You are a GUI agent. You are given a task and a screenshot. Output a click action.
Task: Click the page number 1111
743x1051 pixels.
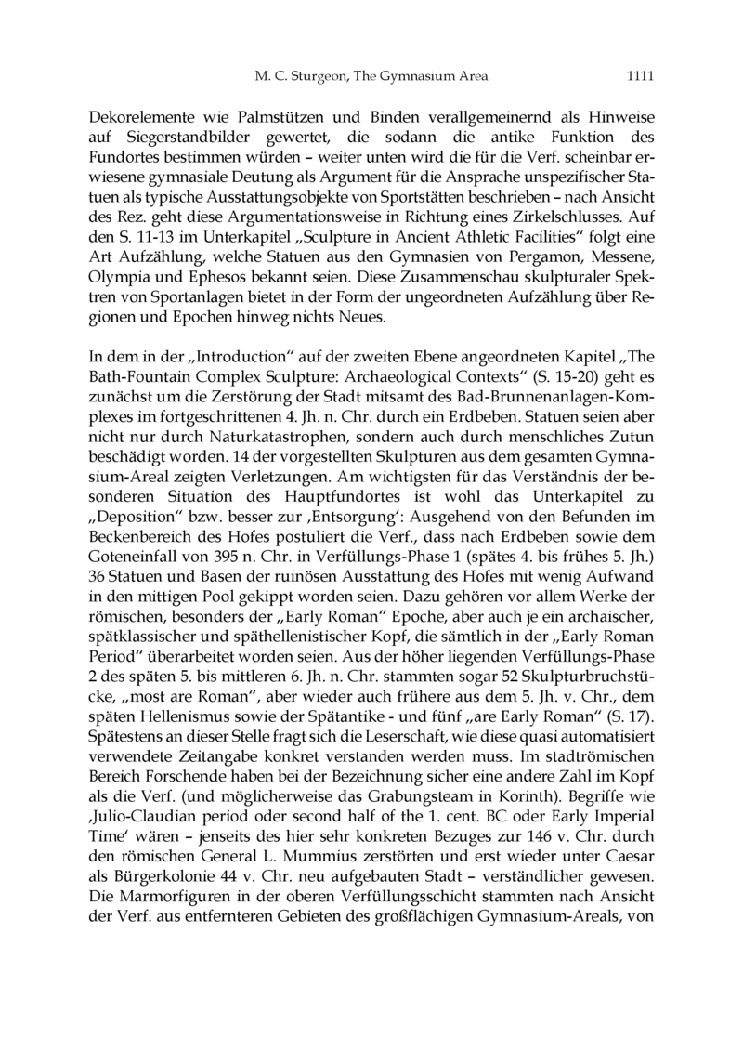coord(642,77)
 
